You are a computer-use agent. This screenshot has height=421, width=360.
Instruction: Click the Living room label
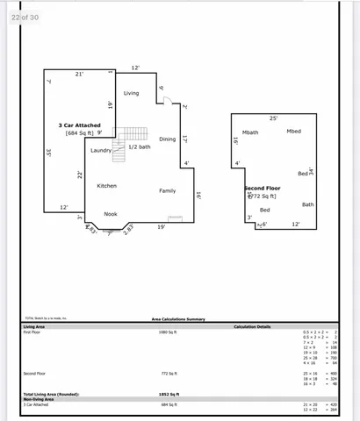click(x=131, y=93)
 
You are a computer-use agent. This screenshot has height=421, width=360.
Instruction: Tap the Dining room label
click(x=167, y=139)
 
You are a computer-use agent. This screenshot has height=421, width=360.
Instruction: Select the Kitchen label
click(x=106, y=185)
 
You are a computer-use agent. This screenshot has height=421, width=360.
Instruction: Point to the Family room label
click(x=167, y=190)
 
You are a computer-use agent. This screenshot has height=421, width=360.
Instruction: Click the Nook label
click(x=111, y=213)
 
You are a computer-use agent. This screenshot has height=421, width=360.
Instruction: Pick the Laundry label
click(x=100, y=150)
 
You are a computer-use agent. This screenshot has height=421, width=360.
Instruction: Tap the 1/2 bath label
click(x=139, y=146)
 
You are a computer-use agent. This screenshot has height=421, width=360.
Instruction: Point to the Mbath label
click(x=250, y=132)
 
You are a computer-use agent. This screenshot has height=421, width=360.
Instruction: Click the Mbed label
click(x=293, y=132)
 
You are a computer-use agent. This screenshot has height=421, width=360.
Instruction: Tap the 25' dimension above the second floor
click(x=273, y=118)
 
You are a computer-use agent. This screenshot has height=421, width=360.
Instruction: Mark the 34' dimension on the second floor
click(x=310, y=171)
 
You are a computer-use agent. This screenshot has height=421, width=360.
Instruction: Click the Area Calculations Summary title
click(x=178, y=319)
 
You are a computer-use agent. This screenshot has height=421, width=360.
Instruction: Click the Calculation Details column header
click(x=251, y=326)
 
